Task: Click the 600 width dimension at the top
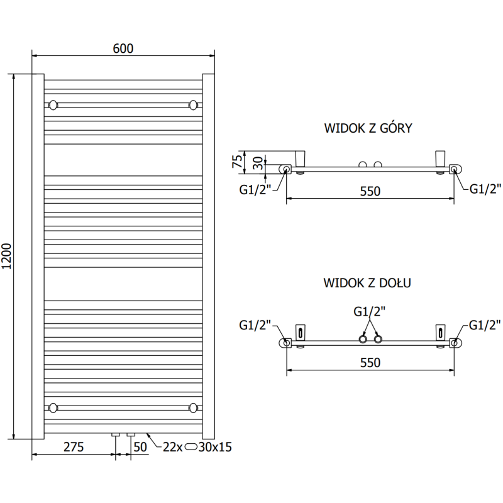(x=123, y=48)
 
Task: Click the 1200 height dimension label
(x=8, y=257)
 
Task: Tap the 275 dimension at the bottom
(x=74, y=447)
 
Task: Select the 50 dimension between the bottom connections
(x=140, y=447)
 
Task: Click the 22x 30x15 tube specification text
(x=197, y=447)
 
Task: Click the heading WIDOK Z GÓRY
(x=368, y=129)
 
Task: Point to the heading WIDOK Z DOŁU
(x=368, y=283)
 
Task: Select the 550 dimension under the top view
(x=370, y=191)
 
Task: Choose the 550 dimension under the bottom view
(x=370, y=362)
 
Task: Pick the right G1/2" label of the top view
(x=486, y=187)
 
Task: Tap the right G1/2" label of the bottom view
(x=486, y=325)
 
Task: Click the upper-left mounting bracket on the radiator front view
(x=53, y=104)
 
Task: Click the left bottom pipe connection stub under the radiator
(x=116, y=434)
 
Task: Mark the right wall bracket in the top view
(x=440, y=157)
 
